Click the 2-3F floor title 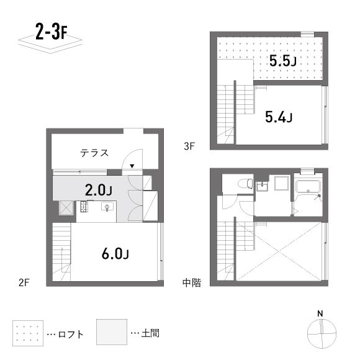pyautogui.click(x=51, y=32)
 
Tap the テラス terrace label pyautogui.click(x=94, y=152)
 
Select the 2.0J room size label pyautogui.click(x=98, y=189)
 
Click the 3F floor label pyautogui.click(x=190, y=147)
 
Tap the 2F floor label pyautogui.click(x=24, y=282)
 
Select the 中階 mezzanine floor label pyautogui.click(x=192, y=282)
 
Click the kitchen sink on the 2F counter pyautogui.click(x=107, y=207)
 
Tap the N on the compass pyautogui.click(x=320, y=313)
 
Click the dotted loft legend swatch pyautogui.click(x=27, y=333)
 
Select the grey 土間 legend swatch pyautogui.click(x=111, y=333)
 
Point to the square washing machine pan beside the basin pyautogui.click(x=281, y=184)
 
